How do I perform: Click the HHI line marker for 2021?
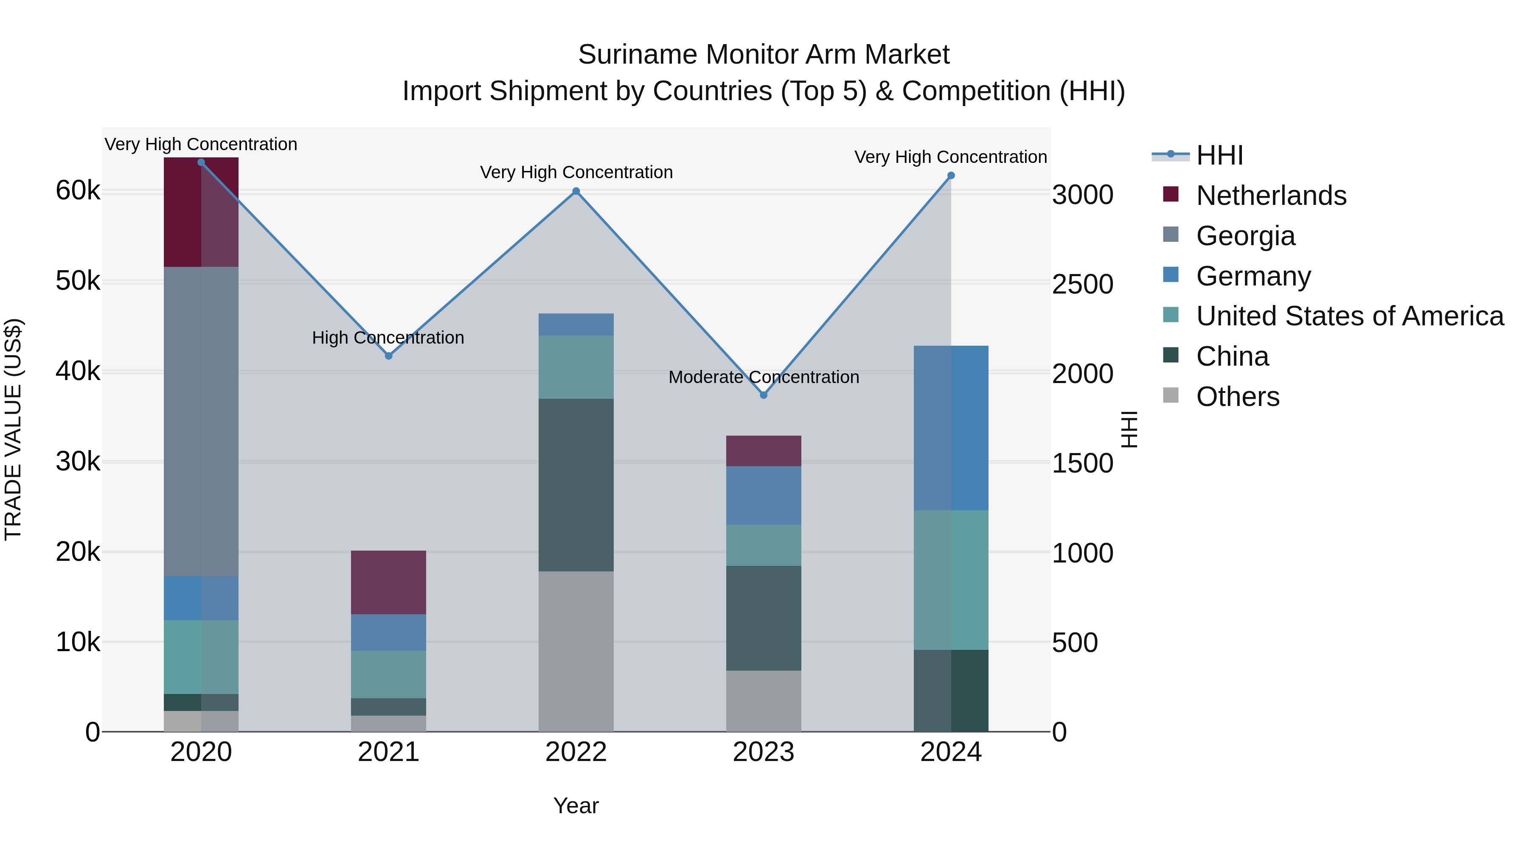pos(388,356)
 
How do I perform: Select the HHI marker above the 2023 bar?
pos(764,395)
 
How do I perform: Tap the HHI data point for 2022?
pos(576,191)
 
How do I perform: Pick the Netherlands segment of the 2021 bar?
pos(388,582)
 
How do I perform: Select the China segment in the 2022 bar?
pos(576,485)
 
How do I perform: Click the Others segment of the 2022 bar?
pos(576,651)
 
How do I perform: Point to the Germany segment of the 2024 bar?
pos(951,428)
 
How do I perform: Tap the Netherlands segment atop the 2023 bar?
pos(764,450)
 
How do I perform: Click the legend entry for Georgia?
pos(1245,236)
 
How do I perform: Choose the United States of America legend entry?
pos(1349,316)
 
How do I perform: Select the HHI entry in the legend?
pos(1219,155)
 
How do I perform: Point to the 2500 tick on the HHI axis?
pos(1082,285)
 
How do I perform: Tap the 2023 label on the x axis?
pos(764,752)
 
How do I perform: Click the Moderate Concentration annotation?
pos(764,377)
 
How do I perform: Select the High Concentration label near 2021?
pos(388,338)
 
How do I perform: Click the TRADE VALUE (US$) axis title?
pos(13,429)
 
